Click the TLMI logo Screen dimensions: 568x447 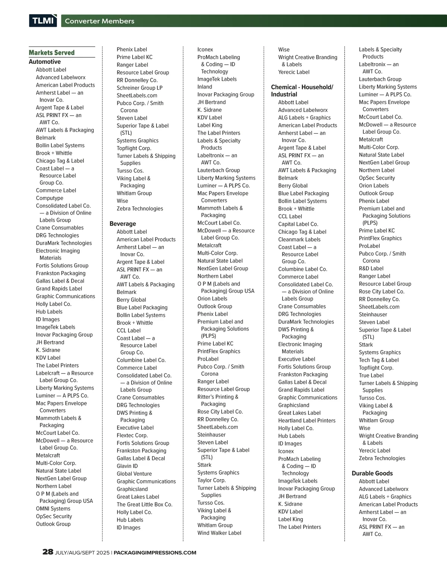point(43,21)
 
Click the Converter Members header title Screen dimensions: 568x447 point(99,21)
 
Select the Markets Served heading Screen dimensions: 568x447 point(51,53)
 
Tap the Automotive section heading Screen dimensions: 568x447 point(45,62)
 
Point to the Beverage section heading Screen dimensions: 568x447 point(123,224)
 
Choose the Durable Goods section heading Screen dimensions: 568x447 point(372,474)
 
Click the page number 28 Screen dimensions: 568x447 point(48,552)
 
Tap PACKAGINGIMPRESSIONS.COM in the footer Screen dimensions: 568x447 point(155,553)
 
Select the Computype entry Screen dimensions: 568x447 point(50,198)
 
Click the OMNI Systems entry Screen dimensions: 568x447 point(53,509)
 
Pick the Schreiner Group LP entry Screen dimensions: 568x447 point(139,88)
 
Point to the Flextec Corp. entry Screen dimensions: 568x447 point(132,436)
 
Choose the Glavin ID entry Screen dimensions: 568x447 point(127,466)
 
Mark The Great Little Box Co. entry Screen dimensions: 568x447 point(145,504)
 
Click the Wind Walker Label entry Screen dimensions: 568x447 point(219,533)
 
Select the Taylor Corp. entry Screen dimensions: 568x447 point(211,480)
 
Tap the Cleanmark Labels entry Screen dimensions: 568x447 point(299,240)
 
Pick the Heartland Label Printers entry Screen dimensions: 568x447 point(307,421)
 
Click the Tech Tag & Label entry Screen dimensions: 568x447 point(378,360)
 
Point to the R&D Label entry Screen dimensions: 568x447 point(371,269)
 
